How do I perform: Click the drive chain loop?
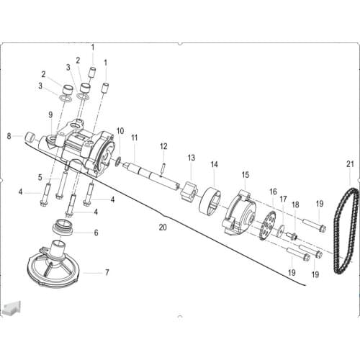tap(345, 230)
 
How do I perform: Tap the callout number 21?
tap(350, 163)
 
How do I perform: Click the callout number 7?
tap(107, 272)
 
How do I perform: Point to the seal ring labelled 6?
tap(66, 228)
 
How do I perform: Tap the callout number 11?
tap(134, 137)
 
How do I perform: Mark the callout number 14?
tap(214, 164)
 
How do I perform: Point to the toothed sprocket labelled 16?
tap(266, 223)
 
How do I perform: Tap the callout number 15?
tap(245, 174)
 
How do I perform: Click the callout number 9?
tap(50, 114)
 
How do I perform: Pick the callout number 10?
tap(120, 131)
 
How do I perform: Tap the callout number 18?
tap(294, 205)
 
